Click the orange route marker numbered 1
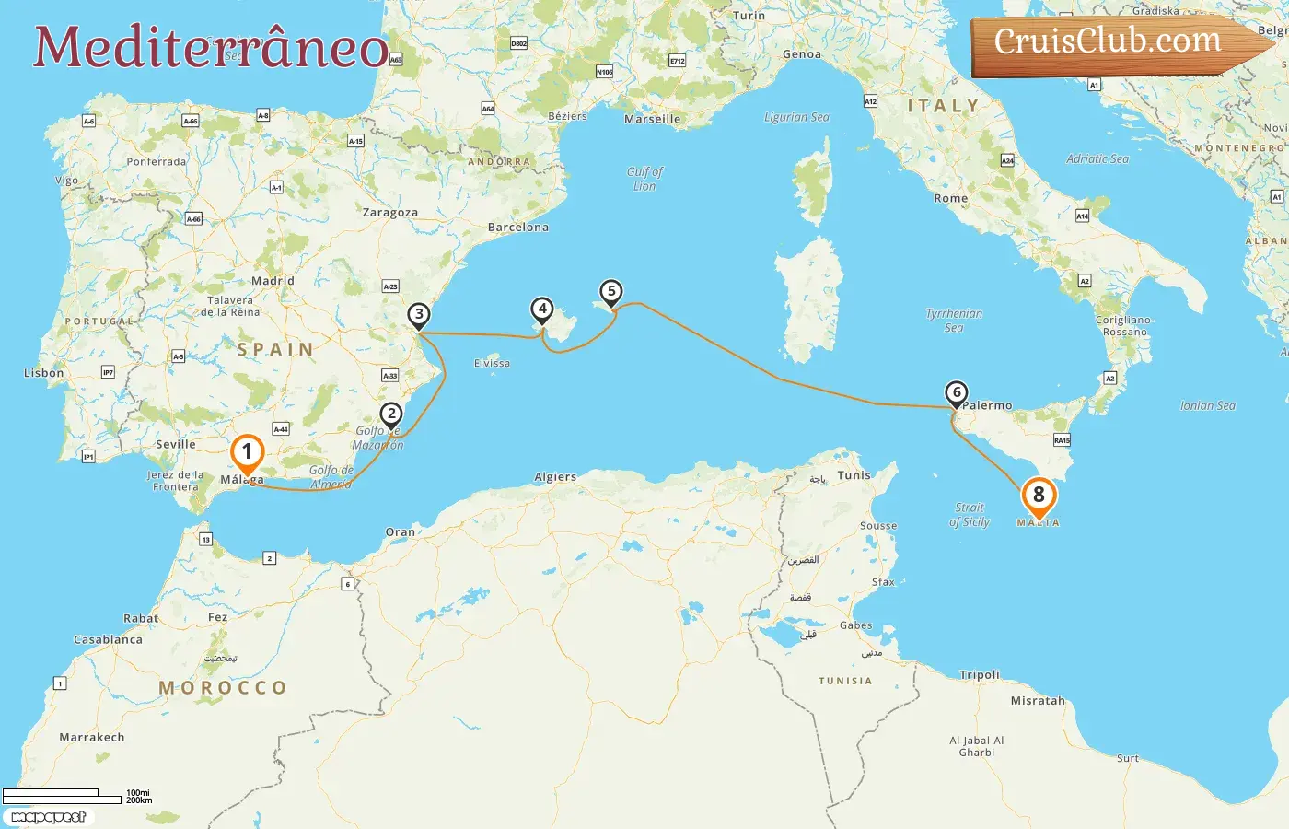(x=247, y=452)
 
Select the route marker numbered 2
(x=391, y=414)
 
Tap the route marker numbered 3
(x=419, y=315)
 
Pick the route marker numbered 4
(x=542, y=309)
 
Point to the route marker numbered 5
(x=611, y=292)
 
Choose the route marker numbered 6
(x=957, y=393)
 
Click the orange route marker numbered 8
(x=1039, y=496)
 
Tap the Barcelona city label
(x=517, y=228)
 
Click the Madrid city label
(x=273, y=281)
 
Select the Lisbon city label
(x=44, y=373)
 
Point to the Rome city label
(x=951, y=198)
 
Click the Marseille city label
(x=652, y=119)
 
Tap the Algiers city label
(x=555, y=477)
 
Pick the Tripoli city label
(x=980, y=675)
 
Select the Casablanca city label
(x=108, y=639)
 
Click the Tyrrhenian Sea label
(x=954, y=321)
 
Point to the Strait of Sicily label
(x=970, y=514)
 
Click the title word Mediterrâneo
(x=211, y=48)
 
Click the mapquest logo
(x=49, y=817)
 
